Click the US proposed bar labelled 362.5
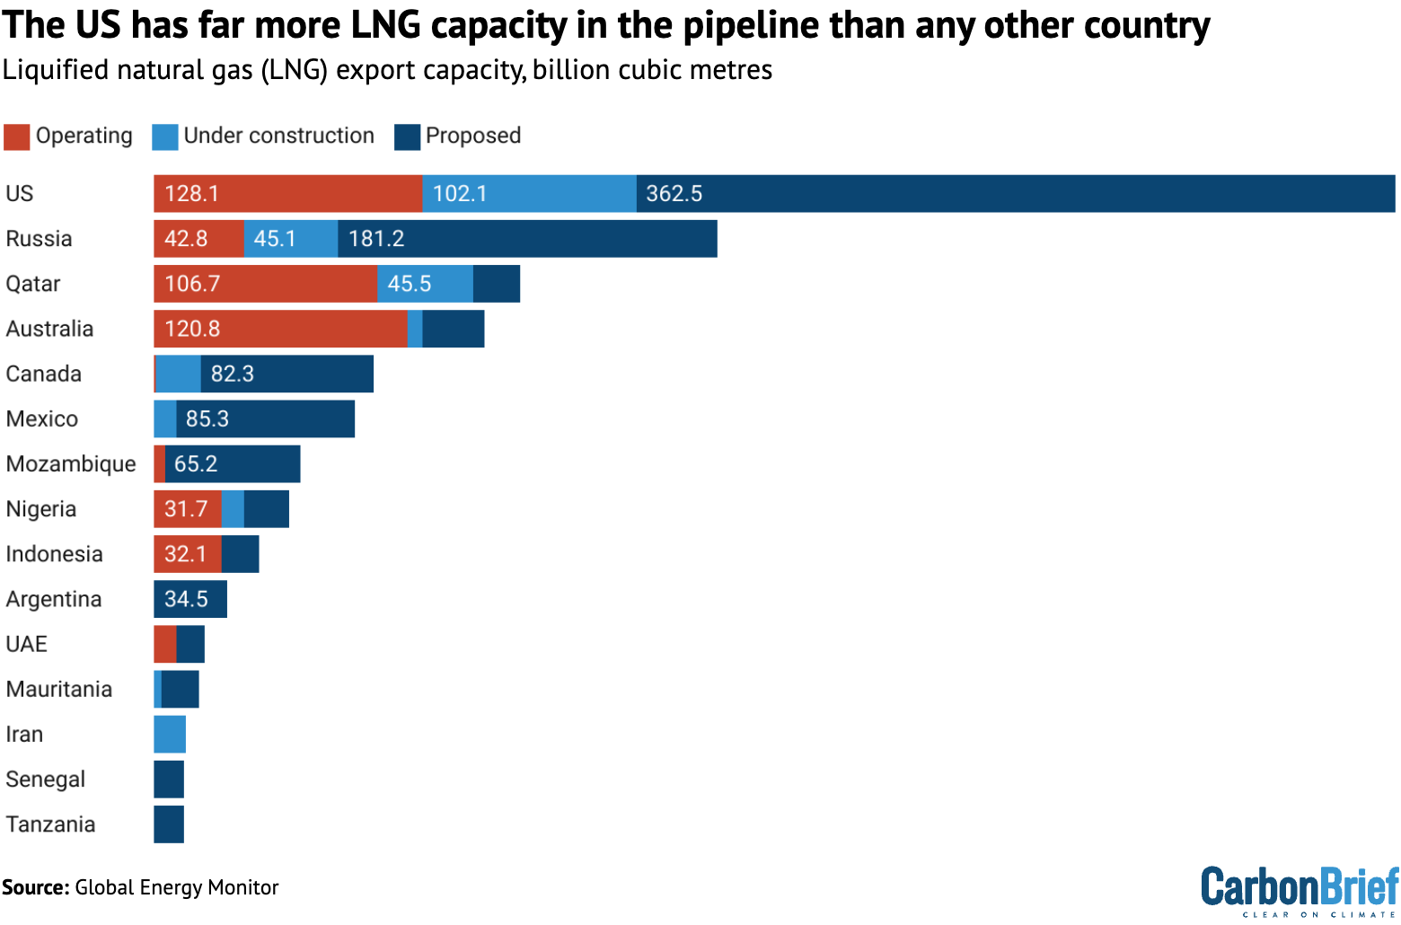(x=1015, y=194)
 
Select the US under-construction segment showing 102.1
(x=529, y=194)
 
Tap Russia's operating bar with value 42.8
(x=198, y=239)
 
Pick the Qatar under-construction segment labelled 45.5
(x=425, y=284)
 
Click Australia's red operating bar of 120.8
(x=280, y=329)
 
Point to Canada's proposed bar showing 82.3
(x=286, y=374)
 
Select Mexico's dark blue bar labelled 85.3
(x=265, y=418)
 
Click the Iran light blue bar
(x=170, y=735)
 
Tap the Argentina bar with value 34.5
(x=190, y=599)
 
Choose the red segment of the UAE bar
(x=165, y=644)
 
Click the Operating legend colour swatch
(x=17, y=137)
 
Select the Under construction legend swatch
(x=165, y=137)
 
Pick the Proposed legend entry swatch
(x=408, y=137)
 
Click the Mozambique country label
(x=71, y=464)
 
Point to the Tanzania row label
(x=50, y=824)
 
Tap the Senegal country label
(x=46, y=780)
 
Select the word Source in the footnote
(x=35, y=888)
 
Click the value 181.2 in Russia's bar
(x=376, y=239)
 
